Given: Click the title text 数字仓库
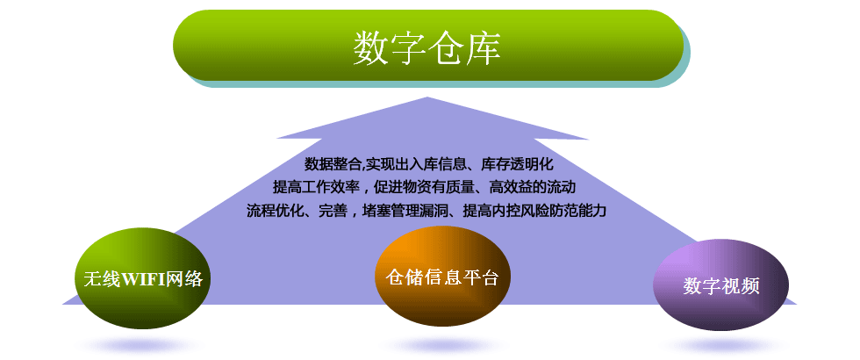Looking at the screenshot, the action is click(426, 47).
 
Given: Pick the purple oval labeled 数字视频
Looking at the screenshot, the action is click(721, 284).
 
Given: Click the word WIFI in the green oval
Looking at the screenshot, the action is click(142, 279).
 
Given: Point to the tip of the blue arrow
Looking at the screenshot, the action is click(427, 97).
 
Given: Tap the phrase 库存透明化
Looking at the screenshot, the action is click(517, 164).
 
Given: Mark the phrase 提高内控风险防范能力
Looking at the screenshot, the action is click(534, 211).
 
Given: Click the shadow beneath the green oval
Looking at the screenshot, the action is click(144, 345).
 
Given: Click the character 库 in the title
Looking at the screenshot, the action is click(484, 47).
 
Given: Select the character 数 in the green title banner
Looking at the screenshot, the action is click(370, 47).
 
